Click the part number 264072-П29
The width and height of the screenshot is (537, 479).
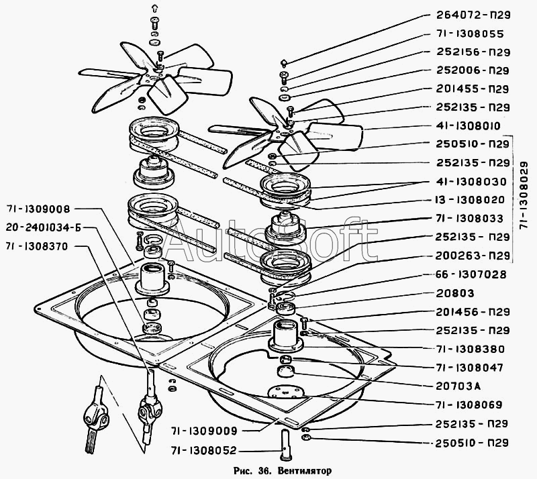point(473,15)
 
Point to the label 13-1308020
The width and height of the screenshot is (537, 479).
point(470,200)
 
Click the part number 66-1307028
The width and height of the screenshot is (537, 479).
point(471,274)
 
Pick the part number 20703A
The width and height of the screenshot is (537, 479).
point(458,386)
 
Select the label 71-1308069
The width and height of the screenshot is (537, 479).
point(469,405)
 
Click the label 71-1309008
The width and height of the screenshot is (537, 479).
point(38,209)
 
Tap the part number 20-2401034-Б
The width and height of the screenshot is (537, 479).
point(44,227)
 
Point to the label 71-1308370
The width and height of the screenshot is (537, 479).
point(37,246)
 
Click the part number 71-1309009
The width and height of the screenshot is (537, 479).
point(205,431)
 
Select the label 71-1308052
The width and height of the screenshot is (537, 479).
point(205,451)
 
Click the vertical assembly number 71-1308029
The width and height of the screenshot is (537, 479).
point(524,195)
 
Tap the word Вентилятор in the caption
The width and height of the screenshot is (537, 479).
point(305,471)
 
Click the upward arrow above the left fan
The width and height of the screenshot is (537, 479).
point(154,9)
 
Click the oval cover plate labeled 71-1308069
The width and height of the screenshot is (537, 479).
point(285,392)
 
